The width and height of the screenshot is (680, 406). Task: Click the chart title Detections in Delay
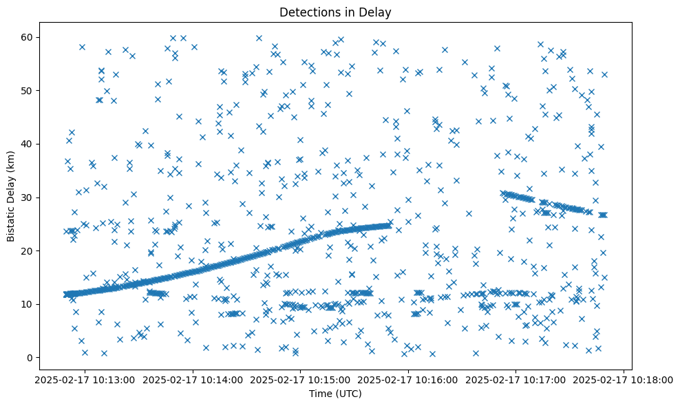click(x=335, y=12)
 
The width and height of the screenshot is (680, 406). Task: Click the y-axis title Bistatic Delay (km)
click(x=12, y=196)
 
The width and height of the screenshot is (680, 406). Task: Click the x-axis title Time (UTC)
click(x=335, y=394)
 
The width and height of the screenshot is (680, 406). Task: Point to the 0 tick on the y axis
click(x=30, y=358)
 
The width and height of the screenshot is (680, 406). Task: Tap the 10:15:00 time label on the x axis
click(x=300, y=379)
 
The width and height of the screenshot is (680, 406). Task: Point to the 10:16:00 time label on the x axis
click(x=408, y=379)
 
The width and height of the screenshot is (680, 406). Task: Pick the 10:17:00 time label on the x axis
click(x=516, y=379)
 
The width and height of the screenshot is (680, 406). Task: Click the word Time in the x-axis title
click(x=320, y=394)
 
